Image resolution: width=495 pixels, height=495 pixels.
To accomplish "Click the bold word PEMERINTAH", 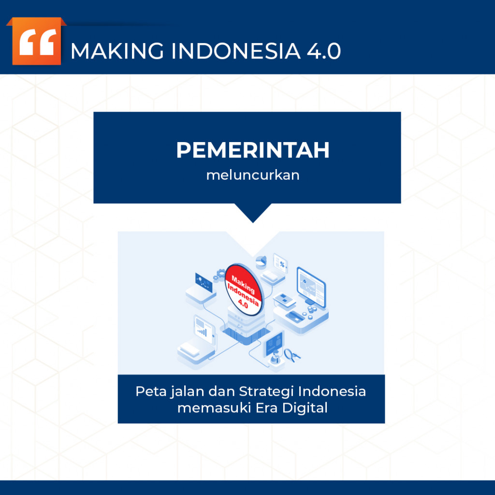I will tap(252, 150).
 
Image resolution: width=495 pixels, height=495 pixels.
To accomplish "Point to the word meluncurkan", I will tap(252, 175).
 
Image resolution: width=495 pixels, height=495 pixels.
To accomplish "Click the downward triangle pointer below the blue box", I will tap(252, 213).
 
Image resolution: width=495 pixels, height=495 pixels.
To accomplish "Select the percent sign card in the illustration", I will tap(280, 263).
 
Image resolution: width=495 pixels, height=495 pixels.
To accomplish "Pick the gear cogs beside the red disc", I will tap(220, 276).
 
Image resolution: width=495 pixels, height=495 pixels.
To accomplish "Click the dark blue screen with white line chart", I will tap(204, 282).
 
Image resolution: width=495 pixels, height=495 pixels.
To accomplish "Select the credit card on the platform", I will tap(294, 316).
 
